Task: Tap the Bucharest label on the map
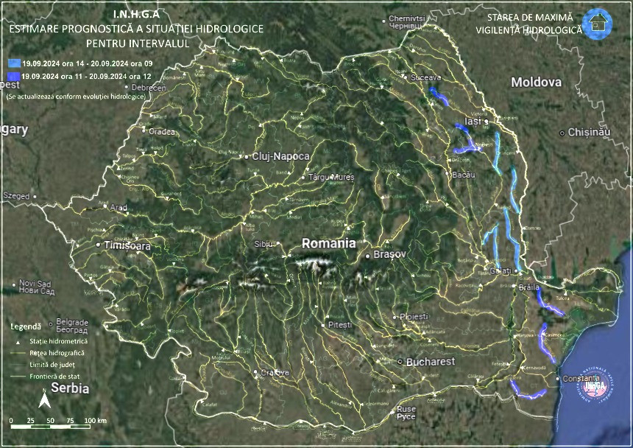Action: (x=431, y=362)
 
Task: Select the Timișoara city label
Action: (x=127, y=246)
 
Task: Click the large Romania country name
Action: (x=329, y=242)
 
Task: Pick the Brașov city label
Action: (x=390, y=254)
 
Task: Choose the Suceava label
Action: (x=426, y=77)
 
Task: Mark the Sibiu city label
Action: (x=263, y=243)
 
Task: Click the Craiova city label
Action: (x=275, y=372)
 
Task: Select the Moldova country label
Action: (x=537, y=82)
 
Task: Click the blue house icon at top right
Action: (x=596, y=21)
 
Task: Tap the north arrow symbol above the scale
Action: (x=43, y=400)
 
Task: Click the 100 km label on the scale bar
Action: (x=96, y=420)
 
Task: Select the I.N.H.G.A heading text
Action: (x=135, y=14)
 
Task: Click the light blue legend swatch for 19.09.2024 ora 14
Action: (x=14, y=64)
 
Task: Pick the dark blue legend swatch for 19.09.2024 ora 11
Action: (x=14, y=75)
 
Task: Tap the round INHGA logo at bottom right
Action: (x=593, y=384)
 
